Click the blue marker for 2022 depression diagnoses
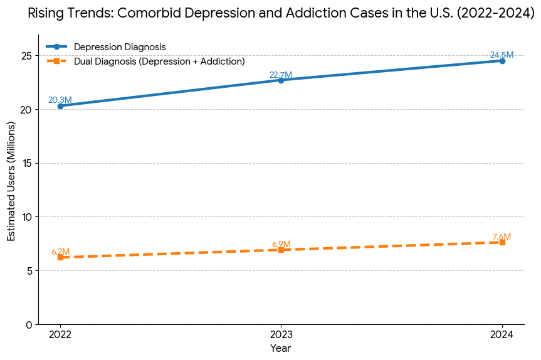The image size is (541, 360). click(60, 106)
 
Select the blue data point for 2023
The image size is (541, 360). click(281, 80)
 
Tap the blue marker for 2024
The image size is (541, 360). click(502, 61)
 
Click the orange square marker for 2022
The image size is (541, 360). click(60, 257)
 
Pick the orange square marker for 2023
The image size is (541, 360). click(281, 250)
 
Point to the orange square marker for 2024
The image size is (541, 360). click(502, 242)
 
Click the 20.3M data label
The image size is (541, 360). click(60, 100)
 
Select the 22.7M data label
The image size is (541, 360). click(281, 75)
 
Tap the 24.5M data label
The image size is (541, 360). click(502, 55)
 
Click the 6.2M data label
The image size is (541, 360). click(60, 251)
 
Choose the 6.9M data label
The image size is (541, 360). click(281, 244)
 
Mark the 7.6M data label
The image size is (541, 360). click(502, 236)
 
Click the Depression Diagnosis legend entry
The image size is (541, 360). click(120, 47)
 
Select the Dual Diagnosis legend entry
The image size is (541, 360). click(159, 61)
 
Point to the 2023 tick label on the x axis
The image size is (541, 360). click(281, 335)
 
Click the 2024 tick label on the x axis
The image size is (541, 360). click(502, 335)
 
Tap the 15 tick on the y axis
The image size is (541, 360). click(26, 163)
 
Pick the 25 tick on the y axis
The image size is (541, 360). click(26, 56)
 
